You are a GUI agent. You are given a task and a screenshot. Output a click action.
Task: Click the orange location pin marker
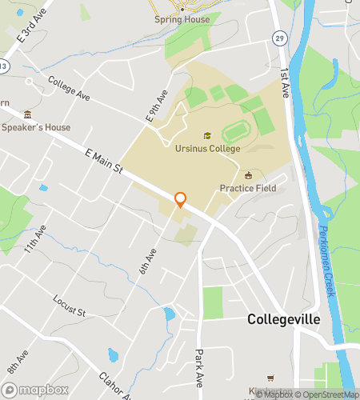[x=180, y=200]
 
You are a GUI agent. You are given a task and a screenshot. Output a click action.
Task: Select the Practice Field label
[x=248, y=188]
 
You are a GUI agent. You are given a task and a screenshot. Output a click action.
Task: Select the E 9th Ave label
[x=156, y=106]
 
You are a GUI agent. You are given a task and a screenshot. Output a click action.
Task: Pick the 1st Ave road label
[x=284, y=82]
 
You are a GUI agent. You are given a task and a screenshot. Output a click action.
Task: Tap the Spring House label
[x=182, y=19]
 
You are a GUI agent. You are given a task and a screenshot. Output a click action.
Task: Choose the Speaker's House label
[x=36, y=127]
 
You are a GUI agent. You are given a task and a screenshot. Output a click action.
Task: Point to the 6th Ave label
[x=148, y=262]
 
